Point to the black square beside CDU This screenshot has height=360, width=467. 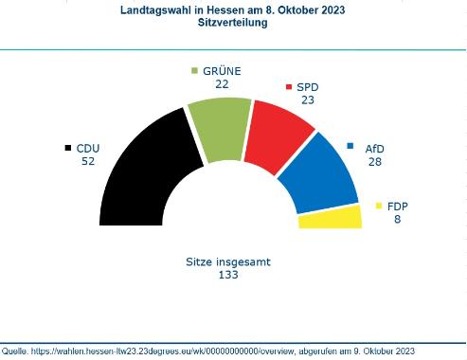pyautogui.click(x=67, y=148)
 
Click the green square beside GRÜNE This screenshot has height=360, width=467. pyautogui.click(x=195, y=70)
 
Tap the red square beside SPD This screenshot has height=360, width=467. pyautogui.click(x=289, y=86)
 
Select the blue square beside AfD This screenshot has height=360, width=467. pyautogui.click(x=350, y=146)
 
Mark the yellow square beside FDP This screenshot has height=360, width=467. pyautogui.click(x=379, y=205)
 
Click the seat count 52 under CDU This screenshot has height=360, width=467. pyautogui.click(x=88, y=162)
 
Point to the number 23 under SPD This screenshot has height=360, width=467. pyautogui.click(x=307, y=100)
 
